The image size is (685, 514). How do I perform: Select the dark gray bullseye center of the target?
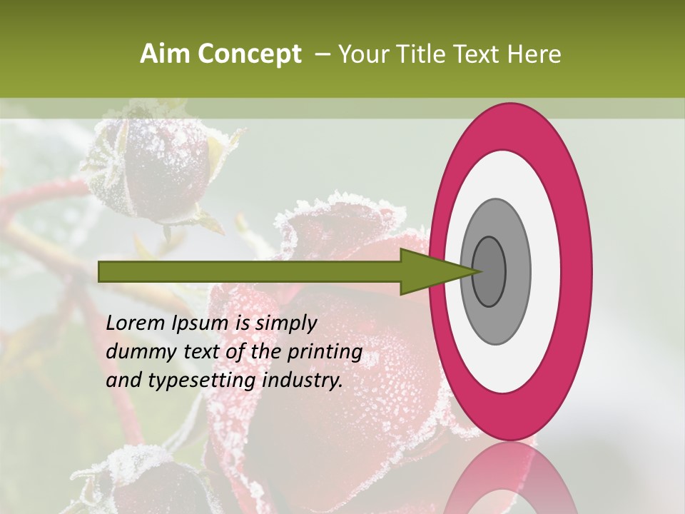489,271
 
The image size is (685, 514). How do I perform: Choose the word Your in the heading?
361,54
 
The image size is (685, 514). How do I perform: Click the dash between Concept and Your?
322,54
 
